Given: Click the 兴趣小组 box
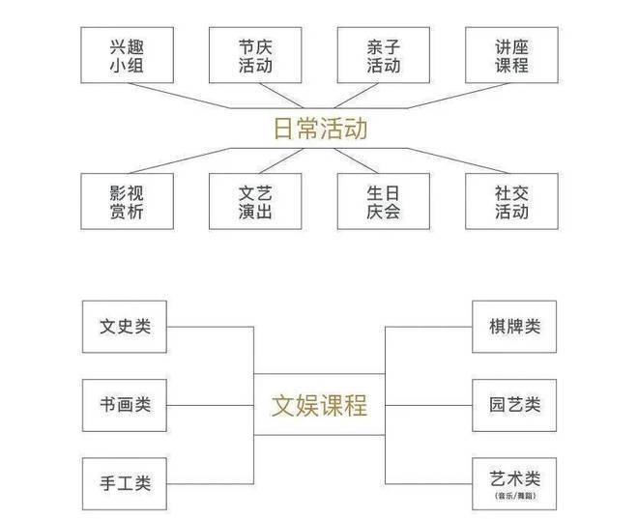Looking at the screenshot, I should coord(127,55).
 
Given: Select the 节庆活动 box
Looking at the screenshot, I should coord(254,55).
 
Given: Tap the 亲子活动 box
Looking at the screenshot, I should coord(383,55).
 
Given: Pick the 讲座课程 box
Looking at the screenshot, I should coord(510,55).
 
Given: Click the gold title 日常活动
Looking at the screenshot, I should coord(319,129).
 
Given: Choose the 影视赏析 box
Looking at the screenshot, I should coord(127,200).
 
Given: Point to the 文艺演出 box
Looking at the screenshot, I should coord(254,200).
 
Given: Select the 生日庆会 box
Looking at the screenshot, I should coord(383,200).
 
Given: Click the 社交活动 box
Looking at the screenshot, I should coord(510,200).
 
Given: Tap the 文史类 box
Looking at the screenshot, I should coord(125,327).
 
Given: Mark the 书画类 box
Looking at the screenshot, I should coord(125,404).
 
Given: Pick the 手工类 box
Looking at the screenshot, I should coord(125,482).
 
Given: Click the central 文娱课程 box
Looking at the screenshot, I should coord(319,404).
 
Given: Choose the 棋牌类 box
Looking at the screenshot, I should coord(514,327).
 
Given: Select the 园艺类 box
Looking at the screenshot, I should coord(514,404).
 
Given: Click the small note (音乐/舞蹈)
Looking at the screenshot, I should coord(514,496).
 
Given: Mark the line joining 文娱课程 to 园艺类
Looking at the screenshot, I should coord(428,404).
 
